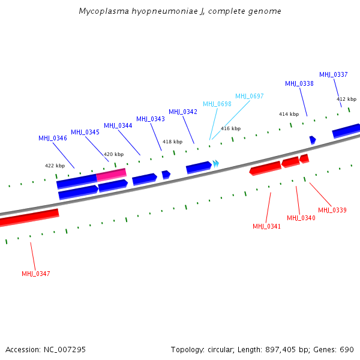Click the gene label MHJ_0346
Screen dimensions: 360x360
coord(53,138)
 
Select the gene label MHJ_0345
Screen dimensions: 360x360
coord(85,132)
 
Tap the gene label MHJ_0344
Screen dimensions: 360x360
coord(118,125)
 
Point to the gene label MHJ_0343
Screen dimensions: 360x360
coord(151,119)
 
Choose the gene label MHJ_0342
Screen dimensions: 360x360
coord(183,112)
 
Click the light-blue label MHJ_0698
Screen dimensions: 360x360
coord(217,104)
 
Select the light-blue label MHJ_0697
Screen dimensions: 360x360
coord(250,96)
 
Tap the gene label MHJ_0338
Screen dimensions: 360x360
coord(299,83)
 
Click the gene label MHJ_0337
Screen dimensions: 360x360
coord(334,74)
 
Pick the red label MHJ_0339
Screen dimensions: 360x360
coord(332,210)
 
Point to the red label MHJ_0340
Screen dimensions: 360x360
coord(301,218)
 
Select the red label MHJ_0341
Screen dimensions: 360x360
coord(267,226)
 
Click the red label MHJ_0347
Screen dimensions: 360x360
coord(36,274)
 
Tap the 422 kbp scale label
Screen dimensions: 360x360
coord(55,166)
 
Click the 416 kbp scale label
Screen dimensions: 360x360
coord(230,128)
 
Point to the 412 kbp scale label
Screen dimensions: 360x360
coord(346,99)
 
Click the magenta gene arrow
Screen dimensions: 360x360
coord(112,174)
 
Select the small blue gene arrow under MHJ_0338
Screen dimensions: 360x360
coord(313,140)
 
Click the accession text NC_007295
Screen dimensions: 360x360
coord(64,349)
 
